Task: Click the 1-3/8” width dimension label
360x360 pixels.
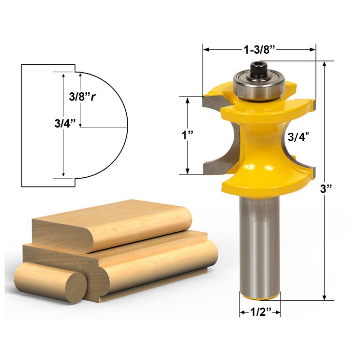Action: pos(259,50)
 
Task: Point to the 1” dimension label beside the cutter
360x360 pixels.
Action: pos(188,135)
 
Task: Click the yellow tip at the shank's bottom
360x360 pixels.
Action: pos(260,296)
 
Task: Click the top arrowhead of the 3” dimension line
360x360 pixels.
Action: pos(324,65)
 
